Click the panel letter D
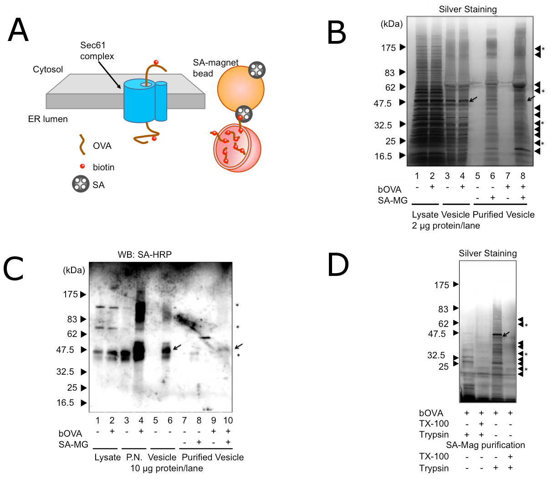coord(338,265)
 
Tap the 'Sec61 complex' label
coord(97,51)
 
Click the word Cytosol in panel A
coord(48,70)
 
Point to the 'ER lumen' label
coord(48,119)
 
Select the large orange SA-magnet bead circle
coord(241,88)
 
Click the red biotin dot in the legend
coord(82,166)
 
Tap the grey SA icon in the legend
coord(81,184)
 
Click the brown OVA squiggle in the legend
coord(82,145)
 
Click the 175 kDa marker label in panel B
coord(388,48)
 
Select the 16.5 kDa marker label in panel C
coord(65,403)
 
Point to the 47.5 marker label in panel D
coord(436,334)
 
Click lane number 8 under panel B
coord(523,176)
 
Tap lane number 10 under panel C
coord(228,420)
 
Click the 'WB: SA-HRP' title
coord(144,255)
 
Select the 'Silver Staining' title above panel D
coord(487,253)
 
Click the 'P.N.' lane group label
coord(134,457)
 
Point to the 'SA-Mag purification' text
coord(485,445)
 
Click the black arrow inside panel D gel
coord(506,335)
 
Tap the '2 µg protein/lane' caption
coord(445,225)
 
